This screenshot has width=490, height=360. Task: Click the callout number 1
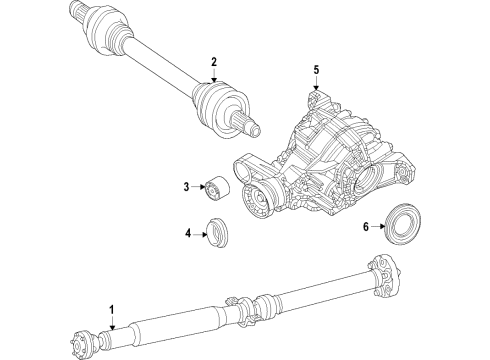click(x=112, y=309)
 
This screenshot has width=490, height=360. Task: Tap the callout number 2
click(x=213, y=63)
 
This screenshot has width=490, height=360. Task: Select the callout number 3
click(x=186, y=187)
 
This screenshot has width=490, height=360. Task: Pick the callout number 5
click(x=316, y=70)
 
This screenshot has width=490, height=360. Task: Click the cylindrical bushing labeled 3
click(x=216, y=189)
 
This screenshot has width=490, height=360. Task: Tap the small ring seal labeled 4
click(x=215, y=233)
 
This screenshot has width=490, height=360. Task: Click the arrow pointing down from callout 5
click(x=316, y=84)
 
